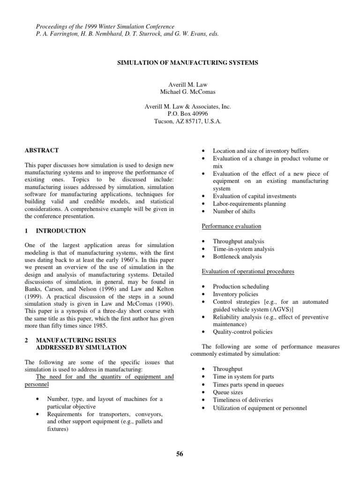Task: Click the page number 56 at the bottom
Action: pos(180,453)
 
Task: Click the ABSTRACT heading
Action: pos(42,150)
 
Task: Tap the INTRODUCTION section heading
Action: pos(61,231)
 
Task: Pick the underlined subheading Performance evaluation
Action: pos(231,226)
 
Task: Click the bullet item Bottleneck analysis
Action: pos(237,257)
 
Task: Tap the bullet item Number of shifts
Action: pos(234,211)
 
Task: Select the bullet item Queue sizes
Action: pos(228,392)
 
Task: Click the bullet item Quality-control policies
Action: pos(242,332)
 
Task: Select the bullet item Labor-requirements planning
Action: pos(249,204)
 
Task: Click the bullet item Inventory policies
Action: pos(235,294)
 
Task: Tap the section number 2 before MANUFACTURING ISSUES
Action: pos(26,340)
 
